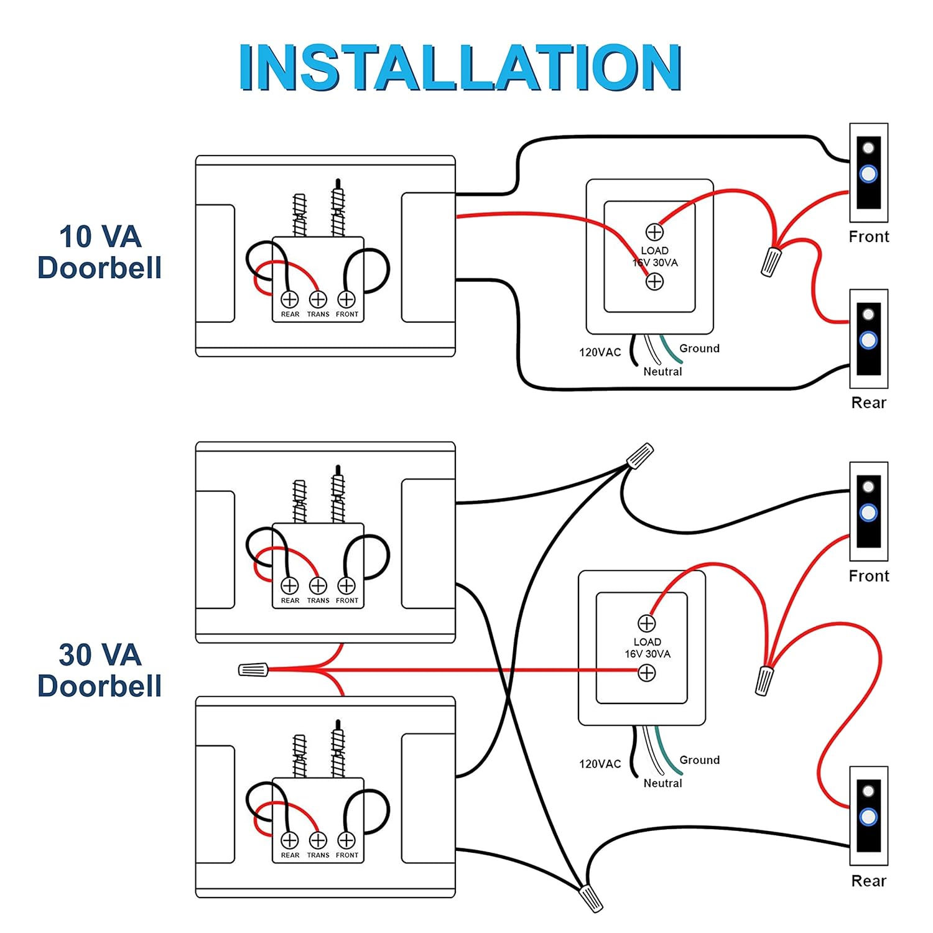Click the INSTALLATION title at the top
point(460,67)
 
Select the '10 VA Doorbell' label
point(100,252)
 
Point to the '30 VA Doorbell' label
point(100,670)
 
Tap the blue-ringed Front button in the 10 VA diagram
point(868,174)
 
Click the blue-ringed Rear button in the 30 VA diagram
point(868,817)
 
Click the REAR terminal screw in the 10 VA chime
point(290,299)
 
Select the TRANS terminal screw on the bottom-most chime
point(318,840)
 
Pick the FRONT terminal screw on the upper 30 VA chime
point(346,585)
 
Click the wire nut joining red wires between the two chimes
point(254,669)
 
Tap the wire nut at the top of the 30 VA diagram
point(640,456)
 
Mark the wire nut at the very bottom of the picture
point(590,898)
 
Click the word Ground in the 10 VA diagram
point(699,348)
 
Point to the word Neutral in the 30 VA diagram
point(662,783)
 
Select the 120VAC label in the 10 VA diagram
point(600,352)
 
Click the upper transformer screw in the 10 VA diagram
point(654,232)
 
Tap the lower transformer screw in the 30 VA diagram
point(647,672)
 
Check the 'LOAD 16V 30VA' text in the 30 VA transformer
point(648,648)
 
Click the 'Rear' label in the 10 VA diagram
point(868,402)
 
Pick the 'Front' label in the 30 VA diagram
point(868,576)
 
